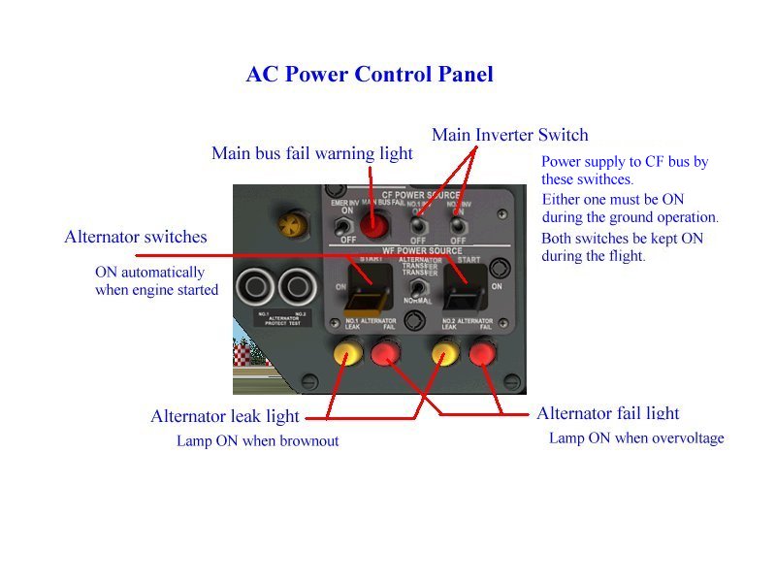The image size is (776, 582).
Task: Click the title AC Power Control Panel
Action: tap(370, 74)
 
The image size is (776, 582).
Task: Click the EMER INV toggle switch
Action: tap(341, 227)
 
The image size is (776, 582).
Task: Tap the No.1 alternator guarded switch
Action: tap(370, 282)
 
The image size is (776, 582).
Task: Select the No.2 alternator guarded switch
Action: tap(466, 282)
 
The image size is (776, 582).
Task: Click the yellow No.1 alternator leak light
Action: tap(345, 355)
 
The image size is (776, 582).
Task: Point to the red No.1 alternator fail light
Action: tap(384, 356)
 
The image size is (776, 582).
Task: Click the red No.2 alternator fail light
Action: tap(483, 355)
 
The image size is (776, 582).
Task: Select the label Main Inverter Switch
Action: tap(510, 135)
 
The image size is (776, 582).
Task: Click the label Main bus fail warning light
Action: tap(312, 153)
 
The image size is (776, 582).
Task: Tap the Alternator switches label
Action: tap(136, 237)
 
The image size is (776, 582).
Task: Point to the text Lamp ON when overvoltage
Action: tap(636, 438)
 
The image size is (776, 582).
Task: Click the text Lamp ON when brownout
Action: tap(257, 441)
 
